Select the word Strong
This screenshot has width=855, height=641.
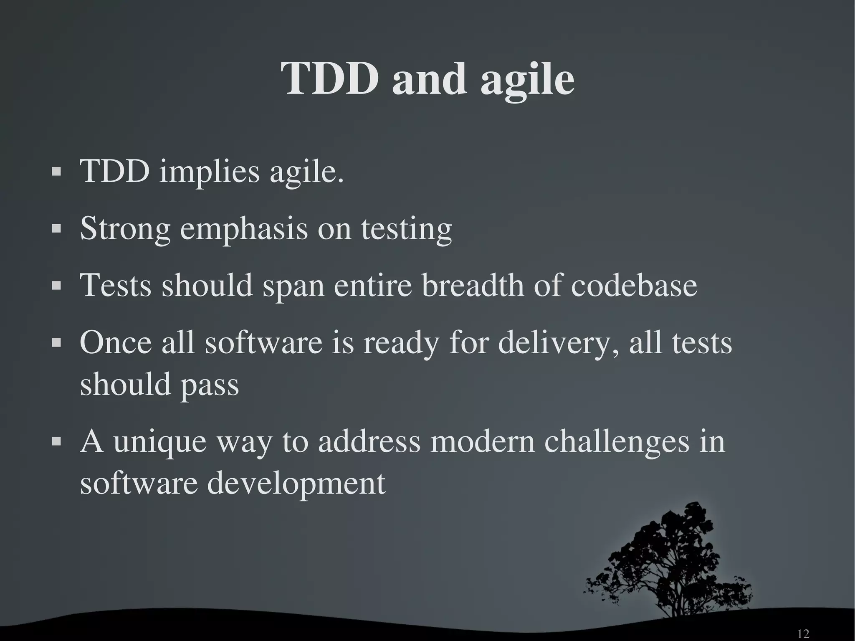(125, 230)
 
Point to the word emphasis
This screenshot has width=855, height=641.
(243, 230)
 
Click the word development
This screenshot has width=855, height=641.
(296, 484)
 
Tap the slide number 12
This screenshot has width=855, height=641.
(803, 634)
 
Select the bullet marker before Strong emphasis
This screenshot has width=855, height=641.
(56, 229)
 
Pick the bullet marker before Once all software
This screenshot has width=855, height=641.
(56, 342)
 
